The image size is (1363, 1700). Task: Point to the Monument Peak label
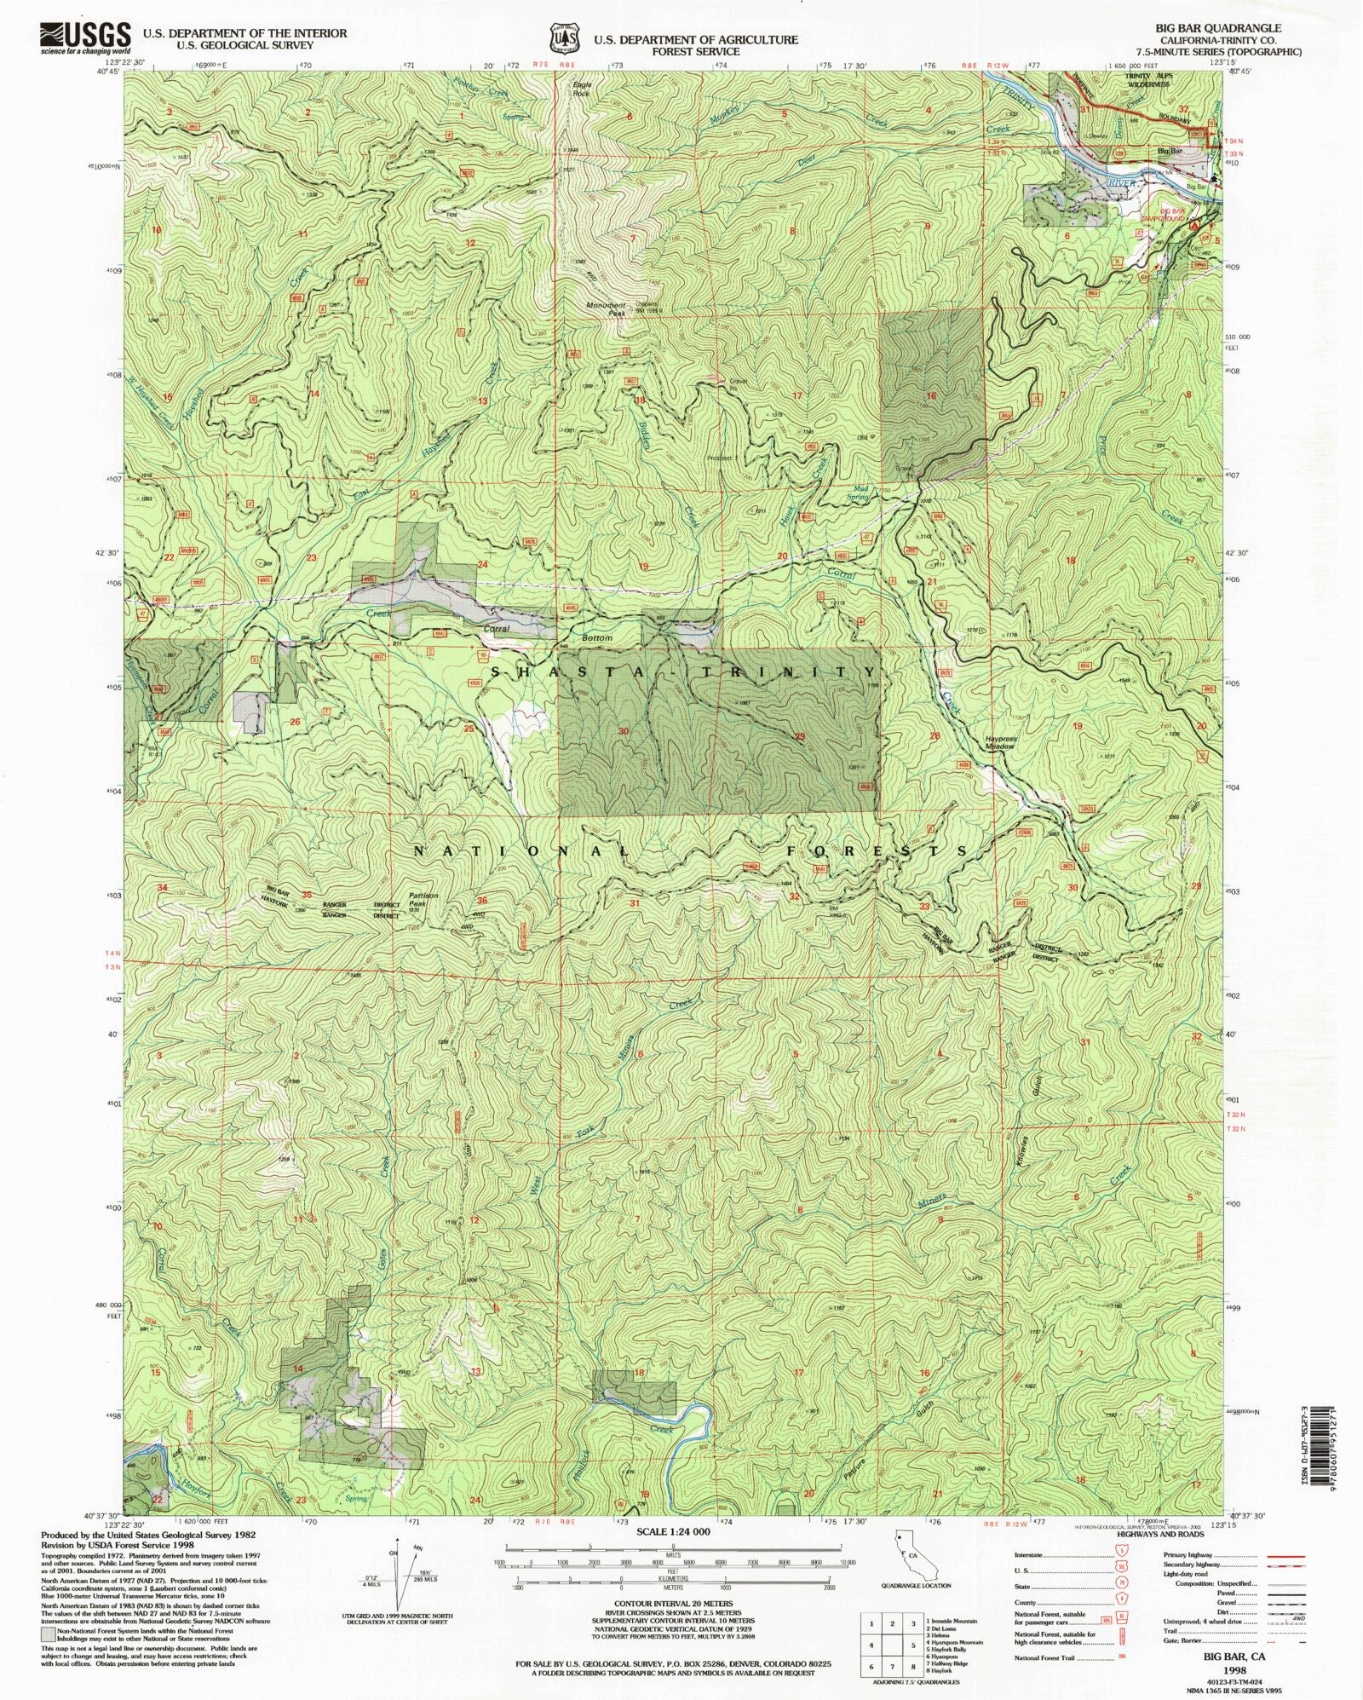606,309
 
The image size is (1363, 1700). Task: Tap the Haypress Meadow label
999,742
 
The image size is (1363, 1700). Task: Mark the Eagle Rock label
582,89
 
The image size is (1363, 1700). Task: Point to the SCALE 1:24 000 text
672,1531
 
